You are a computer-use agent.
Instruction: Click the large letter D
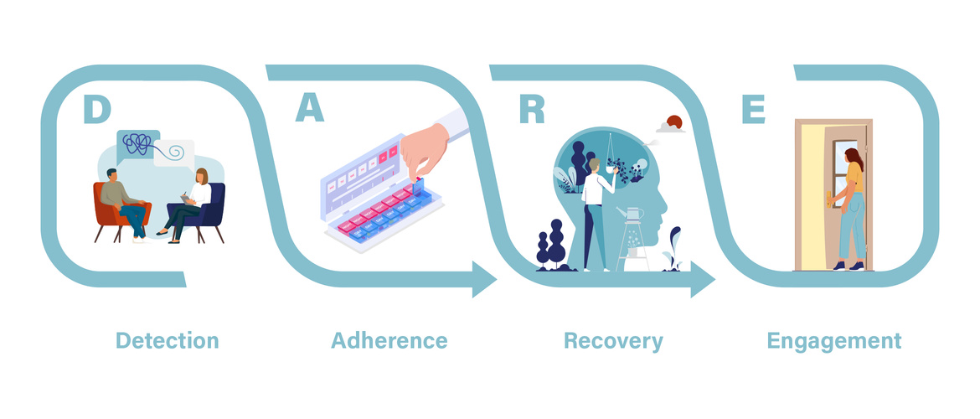96,110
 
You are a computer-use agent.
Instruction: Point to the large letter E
753,110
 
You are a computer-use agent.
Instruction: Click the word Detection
167,341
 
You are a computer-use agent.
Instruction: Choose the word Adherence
389,341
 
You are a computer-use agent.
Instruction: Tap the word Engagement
834,341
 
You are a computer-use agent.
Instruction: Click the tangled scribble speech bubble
139,147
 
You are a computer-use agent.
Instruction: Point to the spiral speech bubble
176,153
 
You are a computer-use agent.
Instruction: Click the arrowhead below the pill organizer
484,279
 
